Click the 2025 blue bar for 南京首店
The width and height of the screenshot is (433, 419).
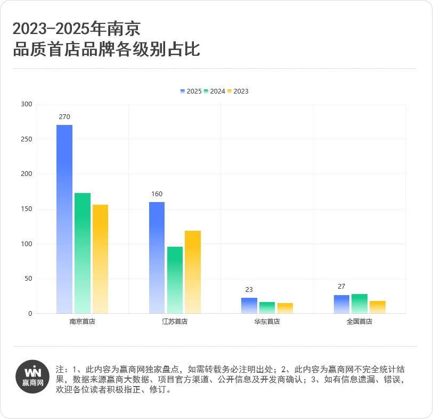[x=64, y=219]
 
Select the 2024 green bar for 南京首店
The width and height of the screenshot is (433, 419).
[x=83, y=253]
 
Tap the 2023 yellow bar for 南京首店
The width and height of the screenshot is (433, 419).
[x=100, y=259]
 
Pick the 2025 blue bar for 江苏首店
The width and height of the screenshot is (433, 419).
[x=157, y=258]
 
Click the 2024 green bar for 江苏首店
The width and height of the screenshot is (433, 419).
[x=175, y=280]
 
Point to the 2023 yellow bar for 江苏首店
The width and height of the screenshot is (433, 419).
[x=193, y=272]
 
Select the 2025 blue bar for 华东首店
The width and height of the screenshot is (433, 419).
[x=249, y=306]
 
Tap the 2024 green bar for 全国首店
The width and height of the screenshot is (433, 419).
[x=360, y=304]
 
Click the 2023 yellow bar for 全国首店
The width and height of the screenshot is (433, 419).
[x=378, y=307]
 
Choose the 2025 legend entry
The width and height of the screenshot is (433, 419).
[x=191, y=91]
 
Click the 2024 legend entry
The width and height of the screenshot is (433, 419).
[x=214, y=91]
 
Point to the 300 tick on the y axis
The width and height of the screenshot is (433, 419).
[x=27, y=104]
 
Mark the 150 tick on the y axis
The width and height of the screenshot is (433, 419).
[x=27, y=209]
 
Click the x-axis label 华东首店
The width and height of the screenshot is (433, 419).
[x=267, y=322]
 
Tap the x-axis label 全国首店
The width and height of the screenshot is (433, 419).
[x=360, y=322]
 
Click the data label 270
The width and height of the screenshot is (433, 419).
[x=64, y=117]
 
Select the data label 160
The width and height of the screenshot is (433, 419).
[x=157, y=194]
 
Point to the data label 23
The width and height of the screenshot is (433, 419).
[x=249, y=290]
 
